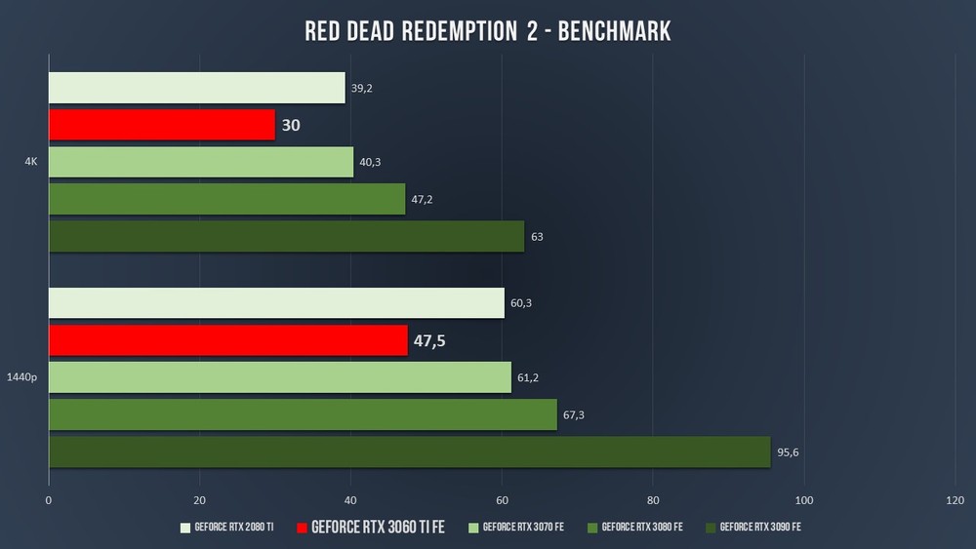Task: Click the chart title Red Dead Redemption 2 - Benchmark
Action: pyautogui.click(x=487, y=31)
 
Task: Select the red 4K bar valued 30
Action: pyautogui.click(x=162, y=125)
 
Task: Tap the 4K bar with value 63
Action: pyautogui.click(x=286, y=236)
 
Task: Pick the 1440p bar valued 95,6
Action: pyautogui.click(x=409, y=451)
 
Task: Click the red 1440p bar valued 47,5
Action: pyautogui.click(x=227, y=340)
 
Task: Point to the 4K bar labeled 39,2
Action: pyautogui.click(x=196, y=88)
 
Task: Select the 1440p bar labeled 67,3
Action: pyautogui.click(x=303, y=414)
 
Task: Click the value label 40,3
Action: pyautogui.click(x=370, y=162)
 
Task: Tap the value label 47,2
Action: pyautogui.click(x=422, y=199)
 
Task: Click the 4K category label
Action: pyautogui.click(x=31, y=162)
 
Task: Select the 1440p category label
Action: pyautogui.click(x=21, y=377)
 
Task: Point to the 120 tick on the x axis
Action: pyautogui.click(x=956, y=500)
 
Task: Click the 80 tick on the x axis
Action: pyautogui.click(x=653, y=500)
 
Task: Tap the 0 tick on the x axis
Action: pyautogui.click(x=49, y=500)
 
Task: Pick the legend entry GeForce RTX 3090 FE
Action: pyautogui.click(x=758, y=528)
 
